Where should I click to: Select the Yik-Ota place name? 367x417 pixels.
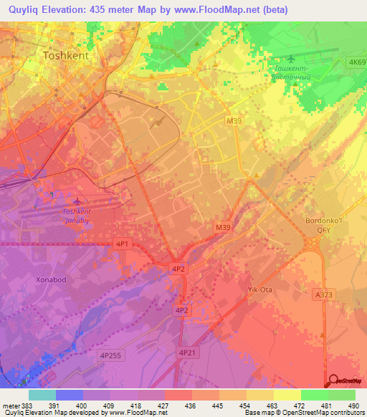point(254,289)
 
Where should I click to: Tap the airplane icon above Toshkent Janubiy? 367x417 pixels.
point(78,201)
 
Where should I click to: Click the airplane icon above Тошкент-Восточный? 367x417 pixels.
point(290,59)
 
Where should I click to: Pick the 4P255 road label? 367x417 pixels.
point(110,354)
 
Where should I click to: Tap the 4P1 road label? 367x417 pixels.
point(123,244)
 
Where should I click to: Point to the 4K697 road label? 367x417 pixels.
point(356,62)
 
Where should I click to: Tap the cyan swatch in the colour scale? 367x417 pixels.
point(42,395)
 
